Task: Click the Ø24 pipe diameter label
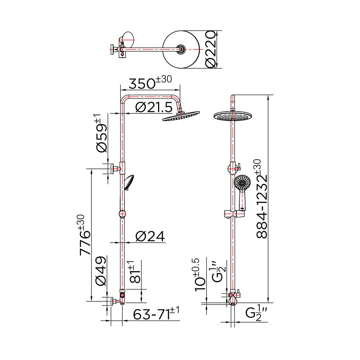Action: click(x=150, y=237)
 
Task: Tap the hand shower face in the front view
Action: click(x=242, y=183)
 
